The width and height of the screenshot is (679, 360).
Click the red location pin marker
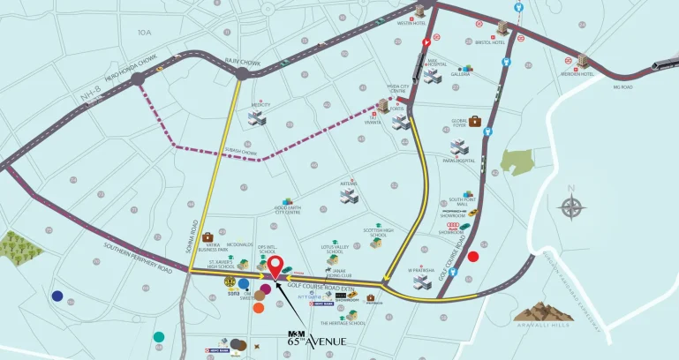coord(275,266)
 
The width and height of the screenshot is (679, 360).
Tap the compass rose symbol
coord(571,208)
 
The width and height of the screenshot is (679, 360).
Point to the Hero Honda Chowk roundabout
coord(138,81)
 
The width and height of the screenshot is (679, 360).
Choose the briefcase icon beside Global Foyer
coord(475,121)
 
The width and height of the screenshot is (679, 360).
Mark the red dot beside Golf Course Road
coord(473,257)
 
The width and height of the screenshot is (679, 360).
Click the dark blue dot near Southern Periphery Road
coord(57,296)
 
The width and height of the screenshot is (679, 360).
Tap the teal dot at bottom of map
coord(158,336)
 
